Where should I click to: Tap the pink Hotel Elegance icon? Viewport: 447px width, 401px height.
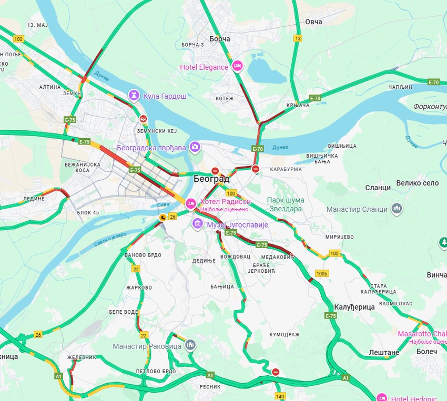237,66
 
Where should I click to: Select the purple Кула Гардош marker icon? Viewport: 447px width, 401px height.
135,95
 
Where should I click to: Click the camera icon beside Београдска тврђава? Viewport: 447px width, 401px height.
195,147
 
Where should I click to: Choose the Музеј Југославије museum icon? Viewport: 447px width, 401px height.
198,224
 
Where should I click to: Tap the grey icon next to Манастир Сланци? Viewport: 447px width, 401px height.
397,209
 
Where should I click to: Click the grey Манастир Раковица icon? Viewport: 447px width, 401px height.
190,345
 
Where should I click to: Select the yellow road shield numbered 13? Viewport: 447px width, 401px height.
298,38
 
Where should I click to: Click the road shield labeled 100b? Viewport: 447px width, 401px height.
322,273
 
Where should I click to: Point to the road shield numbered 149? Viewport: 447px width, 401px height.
280,396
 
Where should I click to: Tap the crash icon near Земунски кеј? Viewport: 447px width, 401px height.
143,119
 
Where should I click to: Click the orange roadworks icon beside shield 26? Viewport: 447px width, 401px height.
163,217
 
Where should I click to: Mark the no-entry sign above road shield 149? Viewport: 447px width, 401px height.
276,372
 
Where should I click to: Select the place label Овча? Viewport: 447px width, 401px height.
313,22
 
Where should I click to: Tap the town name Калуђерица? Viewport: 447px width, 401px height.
354,306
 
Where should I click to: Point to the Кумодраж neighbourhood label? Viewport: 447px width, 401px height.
284,334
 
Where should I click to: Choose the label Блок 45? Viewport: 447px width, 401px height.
88,212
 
